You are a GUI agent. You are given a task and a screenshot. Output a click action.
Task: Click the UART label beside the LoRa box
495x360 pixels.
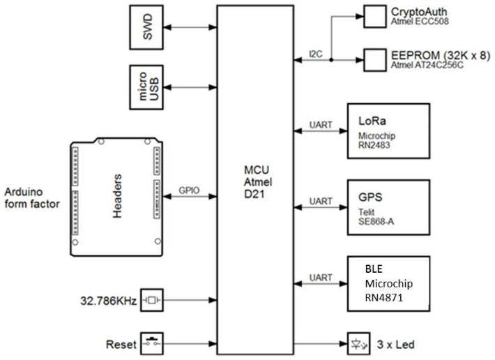point(321,127)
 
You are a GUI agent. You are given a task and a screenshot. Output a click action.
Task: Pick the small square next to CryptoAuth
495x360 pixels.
point(374,15)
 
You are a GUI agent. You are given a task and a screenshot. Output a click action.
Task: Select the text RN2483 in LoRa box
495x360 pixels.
point(376,147)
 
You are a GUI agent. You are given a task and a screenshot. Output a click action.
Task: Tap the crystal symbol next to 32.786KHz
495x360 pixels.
point(151,301)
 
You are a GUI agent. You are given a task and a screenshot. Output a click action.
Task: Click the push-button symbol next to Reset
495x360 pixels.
point(151,344)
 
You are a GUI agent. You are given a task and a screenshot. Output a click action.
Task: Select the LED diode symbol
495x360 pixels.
point(356,344)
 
